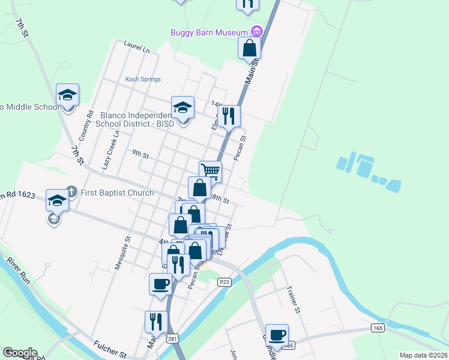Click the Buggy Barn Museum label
(x=209, y=32)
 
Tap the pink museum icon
(x=257, y=31)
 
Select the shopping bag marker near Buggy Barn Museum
(x=249, y=47)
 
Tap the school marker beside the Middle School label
(x=68, y=95)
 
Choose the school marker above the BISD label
(x=182, y=108)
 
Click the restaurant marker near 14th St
(x=228, y=115)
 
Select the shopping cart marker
(x=210, y=171)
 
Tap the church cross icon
(x=71, y=192)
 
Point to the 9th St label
(x=140, y=154)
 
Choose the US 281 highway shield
(x=172, y=339)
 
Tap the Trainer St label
(x=294, y=299)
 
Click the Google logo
(x=20, y=353)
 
